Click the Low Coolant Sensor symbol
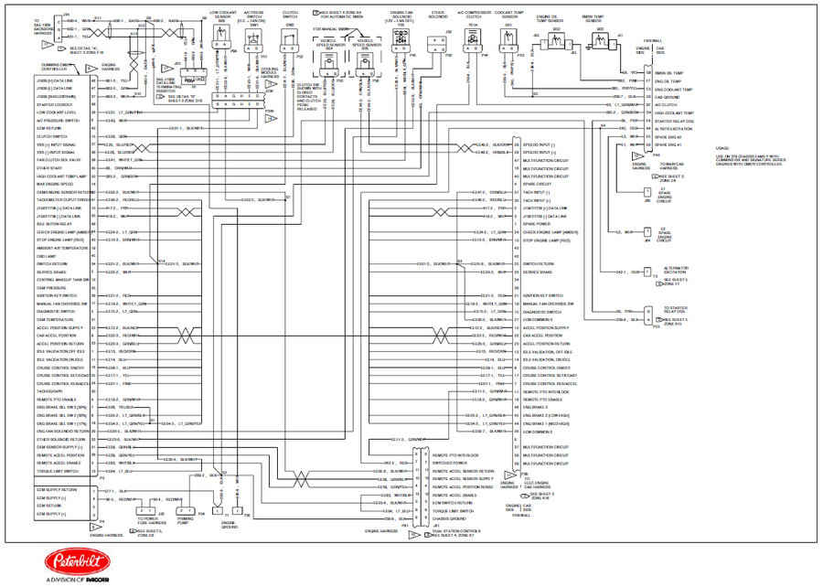pyautogui.click(x=223, y=38)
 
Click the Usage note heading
pyautogui.click(x=721, y=147)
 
